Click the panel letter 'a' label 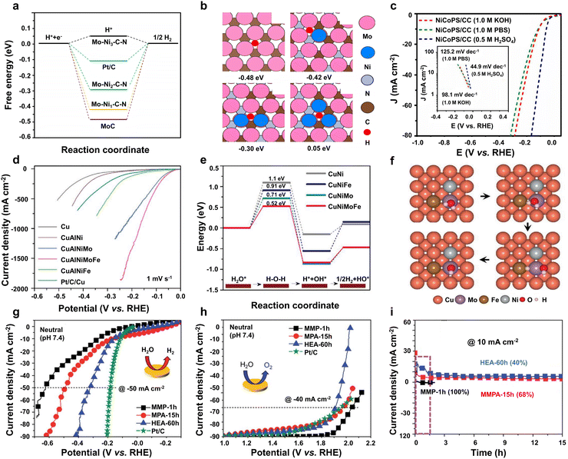(8, 6)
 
